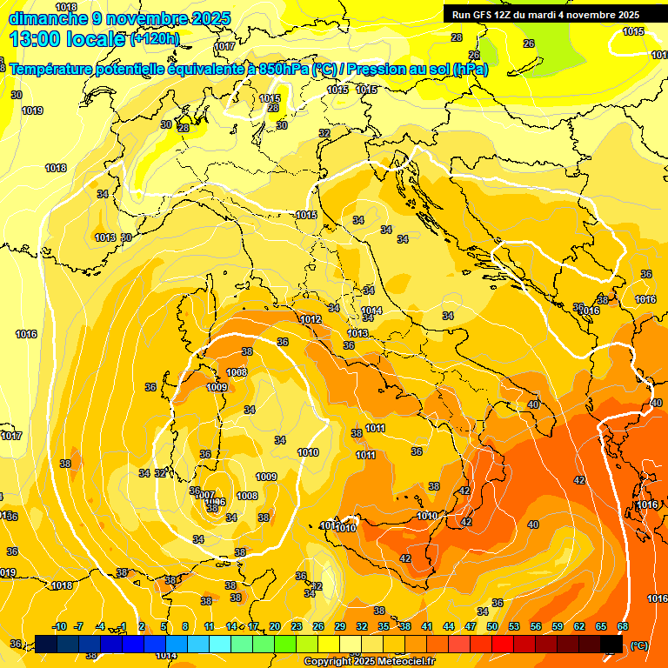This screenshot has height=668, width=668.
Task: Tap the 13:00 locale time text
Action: (67, 38)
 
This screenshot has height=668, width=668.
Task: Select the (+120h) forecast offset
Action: (155, 38)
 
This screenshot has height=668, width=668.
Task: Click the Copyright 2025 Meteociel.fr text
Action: (369, 662)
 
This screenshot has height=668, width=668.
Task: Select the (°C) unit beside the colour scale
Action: (638, 645)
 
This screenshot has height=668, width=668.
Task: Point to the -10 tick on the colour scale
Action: (59, 626)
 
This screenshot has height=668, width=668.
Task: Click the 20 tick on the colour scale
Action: (275, 626)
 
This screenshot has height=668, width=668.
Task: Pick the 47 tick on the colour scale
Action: (471, 626)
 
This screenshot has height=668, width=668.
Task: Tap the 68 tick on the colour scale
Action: (623, 626)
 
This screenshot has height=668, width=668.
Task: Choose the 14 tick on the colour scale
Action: (231, 626)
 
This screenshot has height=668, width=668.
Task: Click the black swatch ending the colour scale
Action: (611, 644)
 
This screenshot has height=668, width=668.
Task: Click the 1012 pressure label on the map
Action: (311, 319)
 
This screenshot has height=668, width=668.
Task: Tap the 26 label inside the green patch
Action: (528, 43)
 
